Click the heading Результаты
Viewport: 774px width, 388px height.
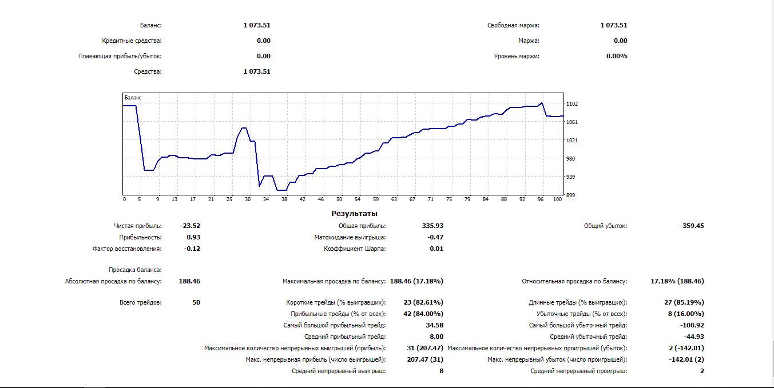click(x=354, y=214)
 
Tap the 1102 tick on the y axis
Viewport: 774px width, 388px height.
click(x=572, y=104)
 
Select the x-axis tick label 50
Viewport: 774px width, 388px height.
click(x=339, y=199)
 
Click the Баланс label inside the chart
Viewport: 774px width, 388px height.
click(x=133, y=98)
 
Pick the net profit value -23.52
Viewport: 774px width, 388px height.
click(x=190, y=226)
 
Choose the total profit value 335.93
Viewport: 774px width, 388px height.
click(x=432, y=226)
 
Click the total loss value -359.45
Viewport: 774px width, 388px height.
click(x=692, y=226)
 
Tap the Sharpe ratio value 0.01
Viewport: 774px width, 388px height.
click(x=436, y=249)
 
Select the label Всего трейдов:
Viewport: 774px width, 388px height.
click(x=140, y=302)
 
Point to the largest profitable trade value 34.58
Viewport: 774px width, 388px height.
click(x=435, y=325)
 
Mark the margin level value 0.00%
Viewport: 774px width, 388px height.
click(x=617, y=56)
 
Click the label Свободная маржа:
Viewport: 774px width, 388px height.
click(x=513, y=25)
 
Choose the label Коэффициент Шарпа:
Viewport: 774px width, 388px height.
click(x=355, y=249)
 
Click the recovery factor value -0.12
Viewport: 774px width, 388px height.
click(x=192, y=249)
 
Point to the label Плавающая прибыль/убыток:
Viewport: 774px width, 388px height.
click(x=120, y=56)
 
